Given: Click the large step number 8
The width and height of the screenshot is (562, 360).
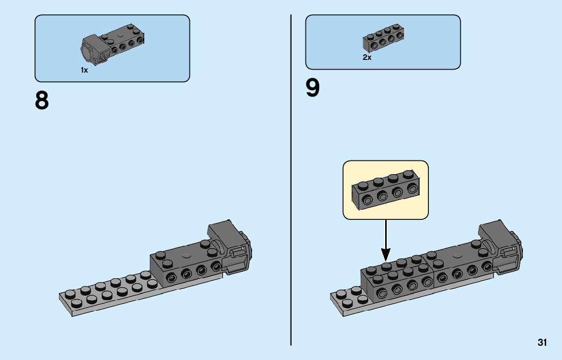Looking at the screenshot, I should pyautogui.click(x=42, y=101).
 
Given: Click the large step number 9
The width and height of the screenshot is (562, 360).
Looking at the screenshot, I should pyautogui.click(x=313, y=88).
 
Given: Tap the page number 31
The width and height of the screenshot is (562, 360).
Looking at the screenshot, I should pyautogui.click(x=542, y=343).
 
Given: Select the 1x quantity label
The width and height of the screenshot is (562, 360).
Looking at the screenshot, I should pyautogui.click(x=84, y=71).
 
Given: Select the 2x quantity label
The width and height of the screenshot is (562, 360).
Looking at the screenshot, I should pyautogui.click(x=367, y=58).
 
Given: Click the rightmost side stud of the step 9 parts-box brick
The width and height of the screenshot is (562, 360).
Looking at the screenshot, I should pyautogui.click(x=399, y=36).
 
